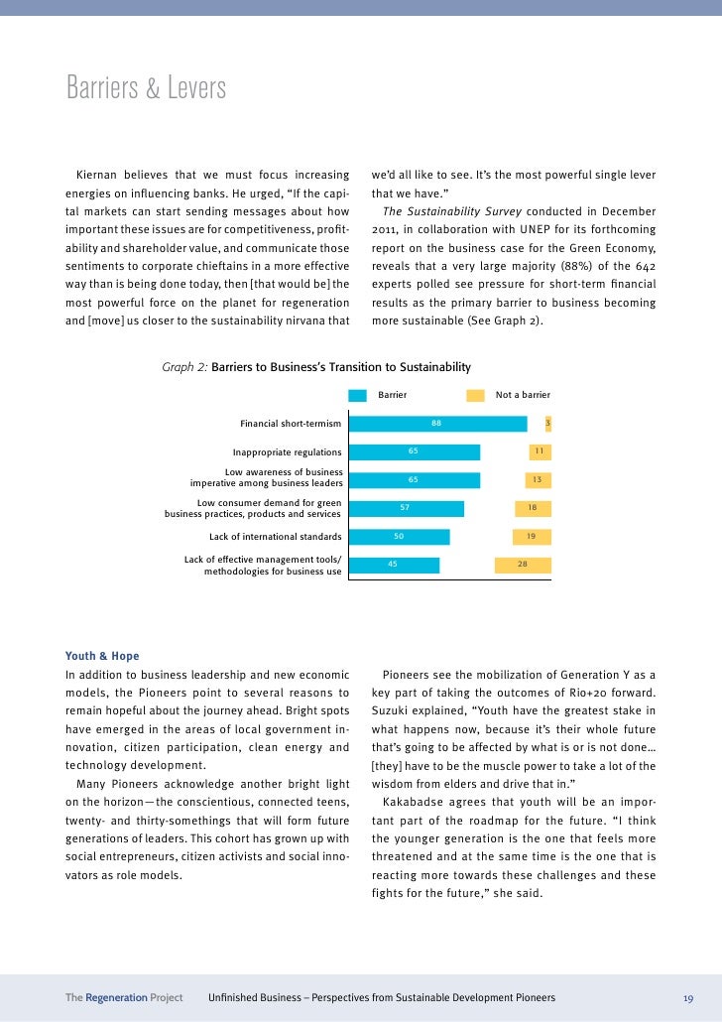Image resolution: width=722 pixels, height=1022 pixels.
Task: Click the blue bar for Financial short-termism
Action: (437, 424)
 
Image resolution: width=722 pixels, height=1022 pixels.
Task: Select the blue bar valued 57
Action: (406, 508)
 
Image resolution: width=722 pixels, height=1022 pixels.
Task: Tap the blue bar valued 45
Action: (394, 565)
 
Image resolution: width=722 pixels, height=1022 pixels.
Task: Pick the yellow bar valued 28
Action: (523, 565)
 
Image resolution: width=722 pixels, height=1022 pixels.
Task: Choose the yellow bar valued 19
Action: (532, 537)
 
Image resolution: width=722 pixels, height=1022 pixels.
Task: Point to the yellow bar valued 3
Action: (547, 424)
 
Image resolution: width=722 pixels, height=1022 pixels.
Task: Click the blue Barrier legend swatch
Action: (358, 395)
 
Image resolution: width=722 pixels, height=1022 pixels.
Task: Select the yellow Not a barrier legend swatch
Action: (475, 395)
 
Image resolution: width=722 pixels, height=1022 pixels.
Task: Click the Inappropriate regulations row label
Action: (287, 452)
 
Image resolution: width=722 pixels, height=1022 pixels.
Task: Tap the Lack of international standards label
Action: (275, 537)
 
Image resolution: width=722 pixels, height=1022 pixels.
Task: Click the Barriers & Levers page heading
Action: (146, 89)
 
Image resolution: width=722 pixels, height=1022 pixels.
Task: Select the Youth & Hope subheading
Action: (102, 656)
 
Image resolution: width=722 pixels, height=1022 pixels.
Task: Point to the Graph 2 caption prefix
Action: (185, 367)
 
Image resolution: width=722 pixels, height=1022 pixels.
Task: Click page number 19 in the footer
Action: (687, 997)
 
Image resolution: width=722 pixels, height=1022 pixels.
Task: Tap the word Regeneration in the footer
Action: (117, 997)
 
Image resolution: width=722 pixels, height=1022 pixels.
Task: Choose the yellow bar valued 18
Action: (533, 508)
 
